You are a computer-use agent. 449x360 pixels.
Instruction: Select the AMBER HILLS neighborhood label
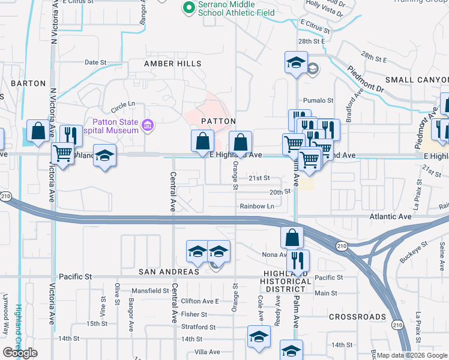coord(173,64)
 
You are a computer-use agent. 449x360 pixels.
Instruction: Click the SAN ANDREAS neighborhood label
coord(169,272)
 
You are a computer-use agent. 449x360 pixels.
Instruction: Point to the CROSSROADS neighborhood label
coord(357,316)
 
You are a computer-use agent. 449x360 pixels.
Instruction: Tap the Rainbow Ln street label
coord(257,206)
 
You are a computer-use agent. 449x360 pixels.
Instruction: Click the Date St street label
coord(95,62)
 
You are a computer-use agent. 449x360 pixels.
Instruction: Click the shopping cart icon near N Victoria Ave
coord(62,154)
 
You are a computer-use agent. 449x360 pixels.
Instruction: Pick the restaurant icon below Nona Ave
coord(298,260)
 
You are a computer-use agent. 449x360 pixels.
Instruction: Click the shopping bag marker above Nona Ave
coord(291,238)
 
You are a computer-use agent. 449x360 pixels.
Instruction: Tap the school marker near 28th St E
coord(296,62)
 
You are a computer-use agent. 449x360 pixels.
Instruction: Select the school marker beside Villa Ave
coord(259,336)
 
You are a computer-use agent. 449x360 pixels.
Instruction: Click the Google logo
coord(20,353)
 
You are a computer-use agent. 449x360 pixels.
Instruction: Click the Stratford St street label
coord(199,327)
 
